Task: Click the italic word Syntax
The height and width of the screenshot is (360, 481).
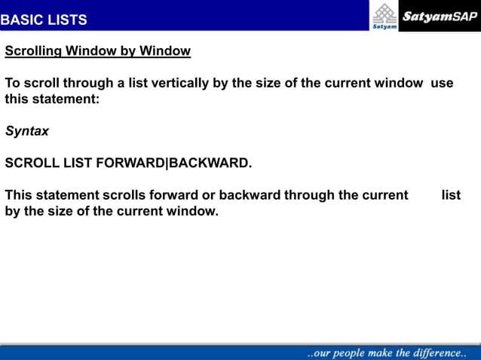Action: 27,131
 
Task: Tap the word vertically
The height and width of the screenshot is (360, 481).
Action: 180,83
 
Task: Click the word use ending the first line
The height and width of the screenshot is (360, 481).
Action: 442,83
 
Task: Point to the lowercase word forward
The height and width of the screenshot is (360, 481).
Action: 171,195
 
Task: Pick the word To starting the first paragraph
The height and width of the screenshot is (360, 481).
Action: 13,83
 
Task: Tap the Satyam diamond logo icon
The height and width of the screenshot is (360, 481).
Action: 384,13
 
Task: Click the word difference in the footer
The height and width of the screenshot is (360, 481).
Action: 437,352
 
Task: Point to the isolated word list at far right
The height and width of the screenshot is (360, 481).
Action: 451,195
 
